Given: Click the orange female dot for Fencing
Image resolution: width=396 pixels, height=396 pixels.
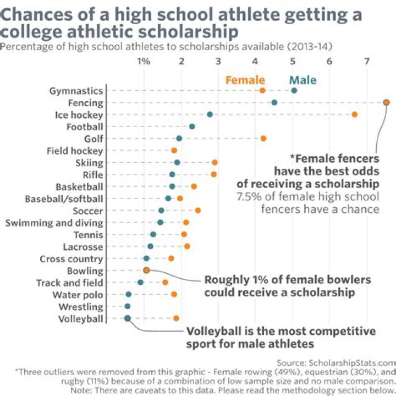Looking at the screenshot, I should (x=386, y=102).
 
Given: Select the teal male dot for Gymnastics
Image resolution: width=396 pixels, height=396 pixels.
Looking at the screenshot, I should (x=294, y=90).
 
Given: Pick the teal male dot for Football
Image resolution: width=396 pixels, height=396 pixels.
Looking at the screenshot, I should (x=192, y=127).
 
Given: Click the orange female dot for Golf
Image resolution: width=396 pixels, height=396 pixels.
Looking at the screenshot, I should (x=263, y=138).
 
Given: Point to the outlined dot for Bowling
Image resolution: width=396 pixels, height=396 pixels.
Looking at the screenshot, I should (x=146, y=270).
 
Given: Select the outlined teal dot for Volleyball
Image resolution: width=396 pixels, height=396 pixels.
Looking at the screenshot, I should (x=128, y=318).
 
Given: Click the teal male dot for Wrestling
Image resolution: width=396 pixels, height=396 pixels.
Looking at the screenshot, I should (x=128, y=306).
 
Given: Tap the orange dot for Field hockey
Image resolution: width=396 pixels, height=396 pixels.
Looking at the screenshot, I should (x=174, y=150).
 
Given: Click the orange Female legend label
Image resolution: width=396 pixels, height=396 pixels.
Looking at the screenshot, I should (x=245, y=80).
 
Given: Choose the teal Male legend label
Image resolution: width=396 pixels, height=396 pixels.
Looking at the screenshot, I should (x=303, y=80).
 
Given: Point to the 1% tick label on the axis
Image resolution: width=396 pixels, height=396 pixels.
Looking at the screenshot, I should (x=144, y=61).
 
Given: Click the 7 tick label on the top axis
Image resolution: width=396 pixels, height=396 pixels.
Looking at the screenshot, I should (x=367, y=61).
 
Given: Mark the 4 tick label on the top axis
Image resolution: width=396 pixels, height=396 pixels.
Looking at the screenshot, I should (x=255, y=61).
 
